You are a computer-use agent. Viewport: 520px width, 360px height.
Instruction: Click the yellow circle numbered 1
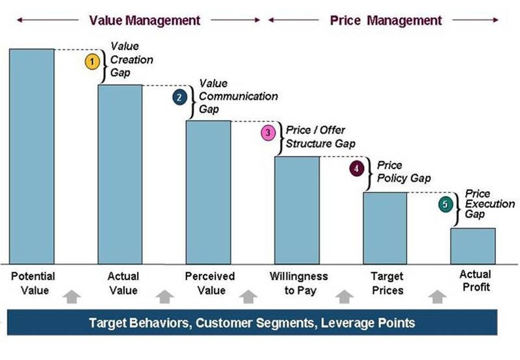[x=92, y=62]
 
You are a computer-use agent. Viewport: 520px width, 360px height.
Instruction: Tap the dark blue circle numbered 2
[x=179, y=97]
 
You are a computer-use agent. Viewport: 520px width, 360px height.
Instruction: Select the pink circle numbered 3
[x=268, y=133]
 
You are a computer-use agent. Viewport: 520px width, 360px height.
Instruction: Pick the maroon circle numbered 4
[x=356, y=169]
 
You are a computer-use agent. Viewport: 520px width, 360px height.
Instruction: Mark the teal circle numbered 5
[x=445, y=205]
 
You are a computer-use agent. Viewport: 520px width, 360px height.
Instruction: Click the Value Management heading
[x=144, y=20]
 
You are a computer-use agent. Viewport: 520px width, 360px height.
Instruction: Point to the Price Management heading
[x=385, y=20]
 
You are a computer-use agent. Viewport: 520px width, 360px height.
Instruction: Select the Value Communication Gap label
[x=238, y=96]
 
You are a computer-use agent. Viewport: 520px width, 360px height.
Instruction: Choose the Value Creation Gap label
[x=132, y=60]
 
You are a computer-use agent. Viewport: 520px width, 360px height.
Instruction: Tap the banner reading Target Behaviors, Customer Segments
[x=252, y=322]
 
